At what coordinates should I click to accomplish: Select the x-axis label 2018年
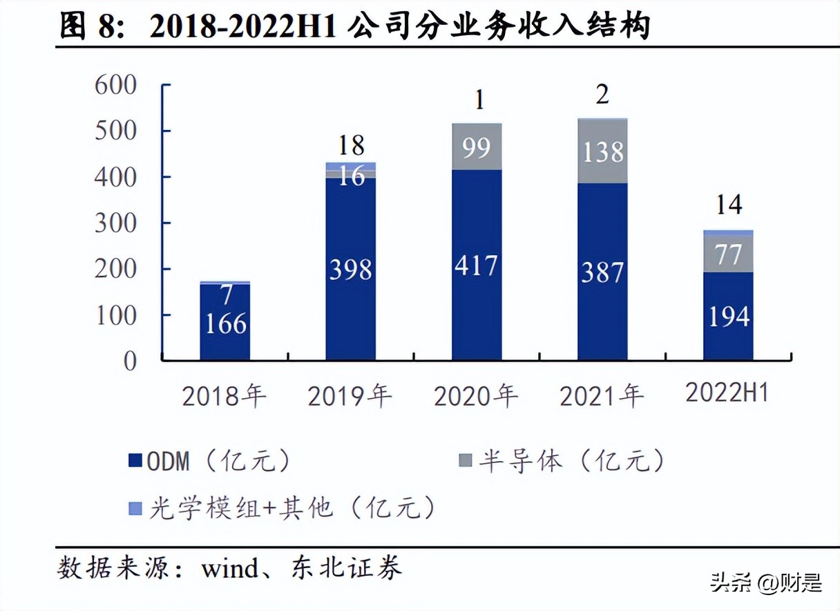[x=224, y=396]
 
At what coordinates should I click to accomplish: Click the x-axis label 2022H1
[x=727, y=393]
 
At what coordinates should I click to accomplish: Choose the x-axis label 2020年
[x=476, y=396]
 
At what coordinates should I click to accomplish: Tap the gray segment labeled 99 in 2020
[x=477, y=147]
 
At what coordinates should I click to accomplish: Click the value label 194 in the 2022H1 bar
[x=729, y=317]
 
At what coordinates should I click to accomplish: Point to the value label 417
[x=477, y=265]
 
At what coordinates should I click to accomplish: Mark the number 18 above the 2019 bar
[x=351, y=146]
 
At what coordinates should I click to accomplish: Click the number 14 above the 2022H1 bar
[x=729, y=205]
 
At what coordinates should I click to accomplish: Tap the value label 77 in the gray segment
[x=729, y=254]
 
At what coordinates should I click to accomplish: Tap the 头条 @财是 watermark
[x=767, y=583]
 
